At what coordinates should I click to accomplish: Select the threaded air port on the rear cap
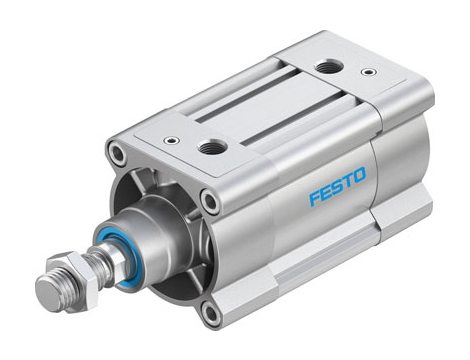pos(325,68)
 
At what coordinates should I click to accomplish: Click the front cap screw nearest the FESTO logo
pos(209,202)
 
